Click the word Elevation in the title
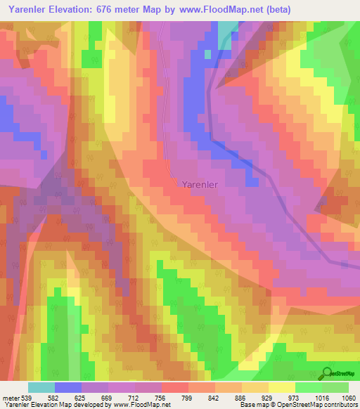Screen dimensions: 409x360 coord(78,9)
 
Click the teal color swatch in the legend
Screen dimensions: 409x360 coord(41,387)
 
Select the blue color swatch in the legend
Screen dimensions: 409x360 coord(68,387)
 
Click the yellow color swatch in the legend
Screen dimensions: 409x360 coord(281,387)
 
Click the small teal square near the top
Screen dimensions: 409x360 coord(207,53)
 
